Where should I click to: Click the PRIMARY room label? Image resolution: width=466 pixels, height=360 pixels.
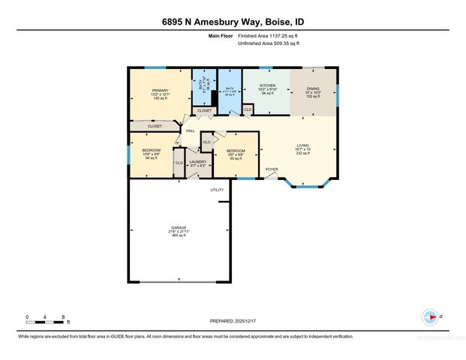click(160, 91)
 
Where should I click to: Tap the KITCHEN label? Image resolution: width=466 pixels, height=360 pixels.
click(268, 86)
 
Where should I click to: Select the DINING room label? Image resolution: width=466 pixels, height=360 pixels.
click(313, 88)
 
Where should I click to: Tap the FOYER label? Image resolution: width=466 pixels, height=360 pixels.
click(272, 169)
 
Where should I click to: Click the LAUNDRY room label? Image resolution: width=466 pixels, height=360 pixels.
click(197, 161)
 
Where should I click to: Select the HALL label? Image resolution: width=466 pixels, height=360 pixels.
click(191, 131)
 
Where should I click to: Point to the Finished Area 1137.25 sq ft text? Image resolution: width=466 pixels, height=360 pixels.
click(269, 36)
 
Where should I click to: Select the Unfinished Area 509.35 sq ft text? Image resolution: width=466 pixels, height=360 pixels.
click(268, 44)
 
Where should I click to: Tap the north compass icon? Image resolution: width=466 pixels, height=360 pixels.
click(431, 316)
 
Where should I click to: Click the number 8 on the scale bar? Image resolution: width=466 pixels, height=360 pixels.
click(64, 316)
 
